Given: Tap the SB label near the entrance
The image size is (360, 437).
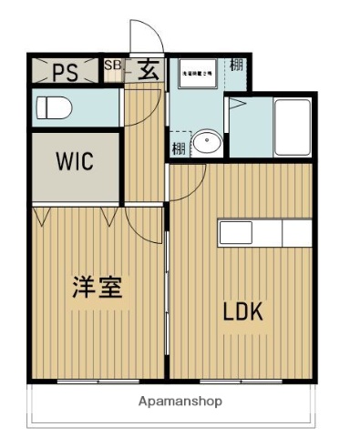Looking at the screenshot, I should tap(112, 66).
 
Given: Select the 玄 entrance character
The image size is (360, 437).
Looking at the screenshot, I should tap(145, 71).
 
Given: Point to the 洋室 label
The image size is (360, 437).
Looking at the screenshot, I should tap(98, 288).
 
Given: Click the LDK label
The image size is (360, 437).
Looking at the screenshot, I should tap(243, 311).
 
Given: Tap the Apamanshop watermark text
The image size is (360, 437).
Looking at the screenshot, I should tap(180, 401).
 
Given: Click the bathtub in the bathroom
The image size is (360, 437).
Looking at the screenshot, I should tap(292, 127).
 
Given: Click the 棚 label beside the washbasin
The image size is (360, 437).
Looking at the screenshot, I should tap(177, 147).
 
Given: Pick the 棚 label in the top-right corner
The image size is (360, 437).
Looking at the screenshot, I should tap(237, 66).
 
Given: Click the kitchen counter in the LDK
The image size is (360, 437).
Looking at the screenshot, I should tap(264, 233).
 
